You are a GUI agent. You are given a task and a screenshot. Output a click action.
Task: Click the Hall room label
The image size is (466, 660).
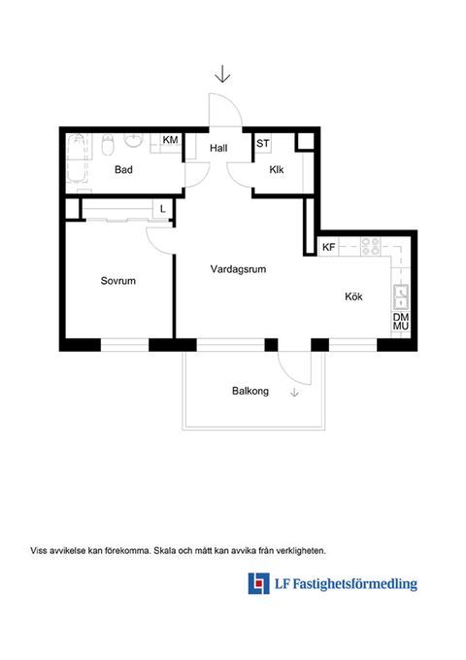218,148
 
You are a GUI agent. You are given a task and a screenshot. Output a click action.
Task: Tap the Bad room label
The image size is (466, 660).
123,170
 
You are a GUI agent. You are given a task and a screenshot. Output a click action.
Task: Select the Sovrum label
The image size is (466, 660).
118,281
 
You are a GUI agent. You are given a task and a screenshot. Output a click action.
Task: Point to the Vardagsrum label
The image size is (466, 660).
239,269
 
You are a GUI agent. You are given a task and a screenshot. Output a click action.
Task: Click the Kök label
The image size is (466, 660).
353,296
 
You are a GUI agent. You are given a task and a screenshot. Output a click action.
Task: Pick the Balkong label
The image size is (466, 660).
250,391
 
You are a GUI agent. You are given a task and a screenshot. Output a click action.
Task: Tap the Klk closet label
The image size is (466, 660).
277,170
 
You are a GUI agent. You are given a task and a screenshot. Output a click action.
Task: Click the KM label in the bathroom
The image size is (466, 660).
170,140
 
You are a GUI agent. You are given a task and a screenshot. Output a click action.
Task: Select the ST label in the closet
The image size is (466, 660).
263,144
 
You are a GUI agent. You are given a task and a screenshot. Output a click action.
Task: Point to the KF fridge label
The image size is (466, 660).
328,247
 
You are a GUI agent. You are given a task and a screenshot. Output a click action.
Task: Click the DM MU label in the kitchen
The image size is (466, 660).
401,322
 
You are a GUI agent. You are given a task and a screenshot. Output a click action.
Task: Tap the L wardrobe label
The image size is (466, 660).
163,209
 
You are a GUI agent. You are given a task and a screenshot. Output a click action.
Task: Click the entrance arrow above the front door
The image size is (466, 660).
222,73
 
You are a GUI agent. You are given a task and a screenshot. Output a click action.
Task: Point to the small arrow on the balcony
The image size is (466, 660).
294,393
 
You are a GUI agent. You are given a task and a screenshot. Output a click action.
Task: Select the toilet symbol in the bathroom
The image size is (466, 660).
108,145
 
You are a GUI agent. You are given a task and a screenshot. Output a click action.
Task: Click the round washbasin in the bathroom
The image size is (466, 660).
134,141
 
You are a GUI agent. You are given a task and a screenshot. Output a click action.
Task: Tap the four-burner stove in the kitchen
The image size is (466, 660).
371,247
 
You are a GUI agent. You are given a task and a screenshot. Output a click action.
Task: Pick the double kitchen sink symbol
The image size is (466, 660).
401,297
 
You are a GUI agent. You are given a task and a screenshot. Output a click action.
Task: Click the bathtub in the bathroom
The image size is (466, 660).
78,159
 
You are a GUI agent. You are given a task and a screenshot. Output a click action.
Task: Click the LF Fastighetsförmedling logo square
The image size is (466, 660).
258,583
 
